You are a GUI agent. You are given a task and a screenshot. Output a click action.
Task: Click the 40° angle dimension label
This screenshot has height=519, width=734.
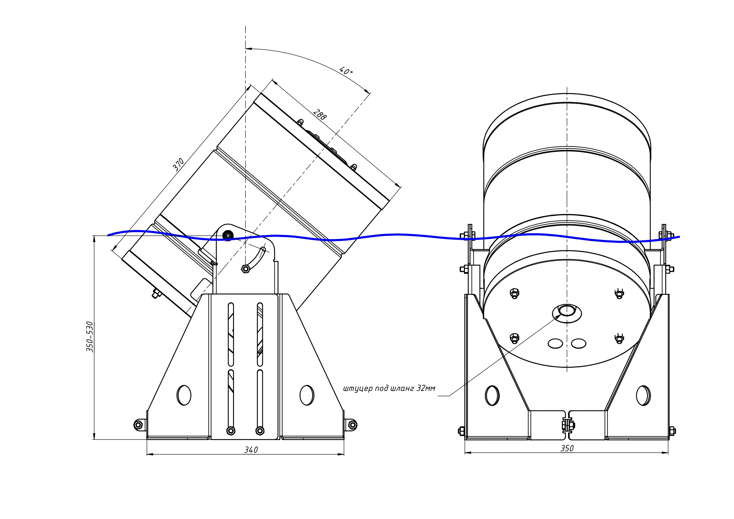pos(346,71)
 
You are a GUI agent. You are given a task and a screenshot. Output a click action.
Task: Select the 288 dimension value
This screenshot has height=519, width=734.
pos(319,114)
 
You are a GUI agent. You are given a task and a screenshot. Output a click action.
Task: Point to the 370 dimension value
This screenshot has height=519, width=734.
pos(178,164)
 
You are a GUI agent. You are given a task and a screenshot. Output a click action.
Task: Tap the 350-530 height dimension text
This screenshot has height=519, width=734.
pos(90,337)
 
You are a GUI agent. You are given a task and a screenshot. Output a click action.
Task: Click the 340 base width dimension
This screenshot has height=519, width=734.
pos(251,450)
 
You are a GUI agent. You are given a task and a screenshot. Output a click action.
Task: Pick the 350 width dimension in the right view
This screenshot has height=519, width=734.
pos(567,448)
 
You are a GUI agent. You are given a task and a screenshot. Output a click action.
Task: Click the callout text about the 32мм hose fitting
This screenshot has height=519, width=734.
pos(389,389)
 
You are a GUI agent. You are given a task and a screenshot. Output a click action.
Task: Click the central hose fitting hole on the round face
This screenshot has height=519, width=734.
pos(567,311)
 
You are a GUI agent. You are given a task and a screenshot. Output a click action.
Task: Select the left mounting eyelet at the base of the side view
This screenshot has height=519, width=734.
pos(138,425)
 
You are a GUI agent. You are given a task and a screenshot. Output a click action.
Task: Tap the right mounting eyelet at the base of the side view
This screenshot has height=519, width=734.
pos(352,425)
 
